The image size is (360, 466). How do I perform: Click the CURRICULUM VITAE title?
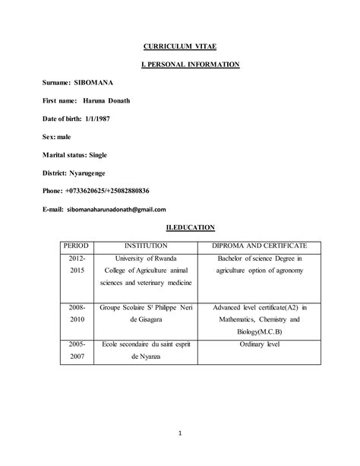pyautogui.click(x=179, y=47)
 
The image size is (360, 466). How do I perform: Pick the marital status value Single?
pyautogui.click(x=98, y=154)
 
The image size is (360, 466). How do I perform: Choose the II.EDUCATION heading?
pyautogui.click(x=191, y=227)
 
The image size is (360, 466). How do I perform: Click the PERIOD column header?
pyautogui.click(x=77, y=246)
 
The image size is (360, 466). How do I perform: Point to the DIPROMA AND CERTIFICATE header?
pyautogui.click(x=259, y=246)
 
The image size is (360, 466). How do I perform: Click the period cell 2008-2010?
pyautogui.click(x=77, y=314)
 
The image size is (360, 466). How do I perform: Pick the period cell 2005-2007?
pyautogui.click(x=77, y=350)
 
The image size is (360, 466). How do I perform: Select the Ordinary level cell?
pyautogui.click(x=259, y=344)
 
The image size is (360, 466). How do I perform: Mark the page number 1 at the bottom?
pyautogui.click(x=180, y=434)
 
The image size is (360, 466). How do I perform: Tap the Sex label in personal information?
pyautogui.click(x=49, y=136)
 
